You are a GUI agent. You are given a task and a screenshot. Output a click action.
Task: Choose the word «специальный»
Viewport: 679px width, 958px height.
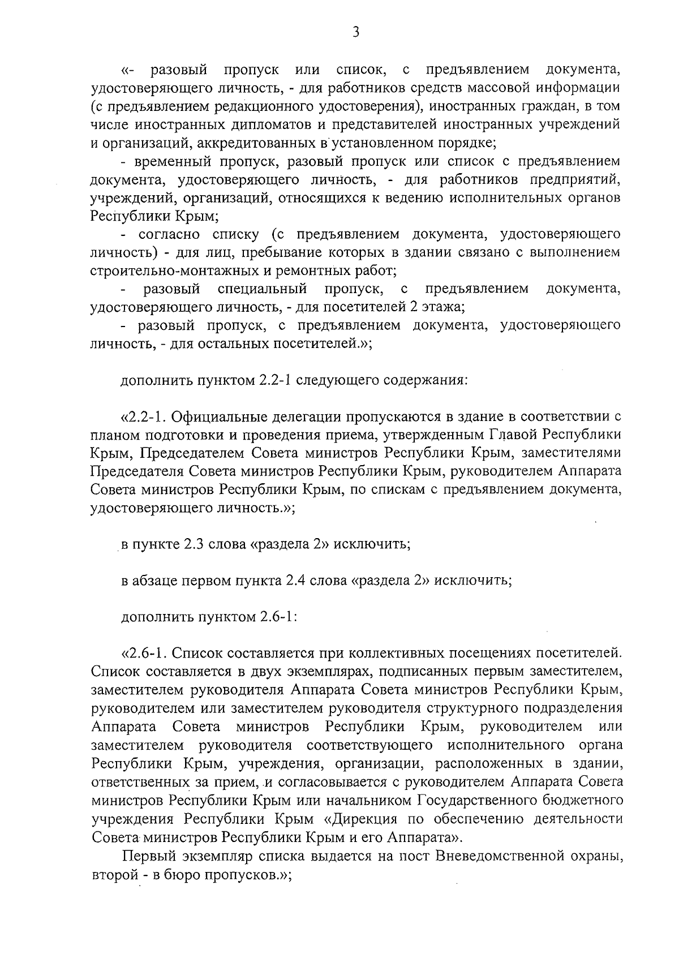(x=263, y=289)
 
